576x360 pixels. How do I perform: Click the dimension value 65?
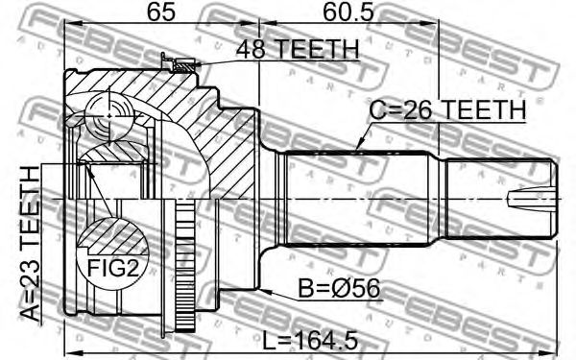[161, 12]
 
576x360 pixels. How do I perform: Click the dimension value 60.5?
[348, 12]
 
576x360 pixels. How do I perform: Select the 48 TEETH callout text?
[297, 49]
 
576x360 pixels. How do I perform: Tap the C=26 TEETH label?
[447, 109]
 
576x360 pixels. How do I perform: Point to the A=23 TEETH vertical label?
[30, 244]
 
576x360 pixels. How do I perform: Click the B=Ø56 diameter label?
[338, 288]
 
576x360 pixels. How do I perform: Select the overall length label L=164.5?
[310, 340]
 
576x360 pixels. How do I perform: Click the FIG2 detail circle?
[112, 254]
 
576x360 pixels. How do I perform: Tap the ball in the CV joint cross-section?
[109, 116]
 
